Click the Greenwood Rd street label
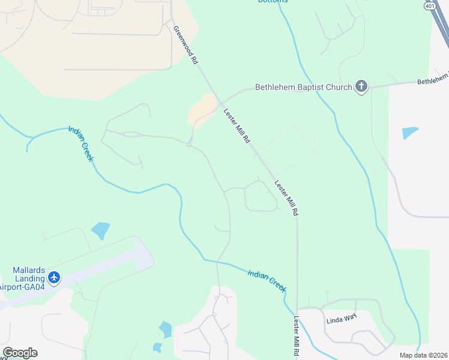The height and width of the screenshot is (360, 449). [185, 45]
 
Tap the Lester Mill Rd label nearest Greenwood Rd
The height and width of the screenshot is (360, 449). [237, 126]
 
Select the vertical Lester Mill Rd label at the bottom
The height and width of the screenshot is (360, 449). [296, 338]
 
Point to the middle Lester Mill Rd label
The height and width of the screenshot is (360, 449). [286, 198]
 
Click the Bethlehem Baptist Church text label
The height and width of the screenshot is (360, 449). [303, 87]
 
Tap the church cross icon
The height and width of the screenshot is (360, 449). [361, 86]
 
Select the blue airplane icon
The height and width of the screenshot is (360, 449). [54, 277]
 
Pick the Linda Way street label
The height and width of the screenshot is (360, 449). [342, 319]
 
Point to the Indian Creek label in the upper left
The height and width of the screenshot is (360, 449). [81, 143]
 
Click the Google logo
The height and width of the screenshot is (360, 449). [19, 353]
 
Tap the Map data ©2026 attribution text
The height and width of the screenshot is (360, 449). [424, 355]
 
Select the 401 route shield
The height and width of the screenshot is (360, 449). [429, 5]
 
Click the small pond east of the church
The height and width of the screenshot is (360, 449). [410, 133]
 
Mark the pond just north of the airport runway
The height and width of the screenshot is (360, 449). [100, 230]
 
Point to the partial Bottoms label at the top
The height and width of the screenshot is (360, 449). [273, 1]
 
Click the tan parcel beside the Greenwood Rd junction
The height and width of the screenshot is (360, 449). [202, 110]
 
